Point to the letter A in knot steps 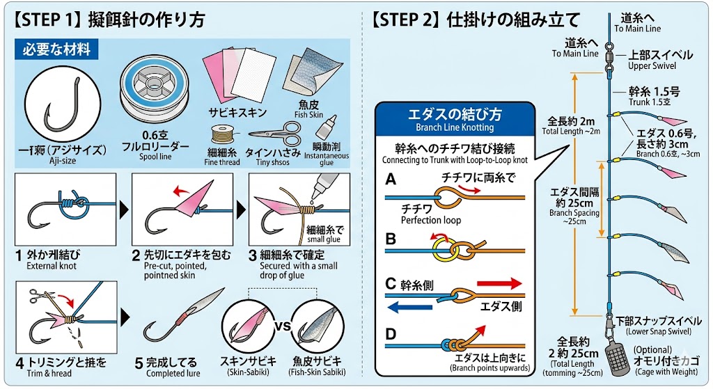pyautogui.click(x=391, y=180)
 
